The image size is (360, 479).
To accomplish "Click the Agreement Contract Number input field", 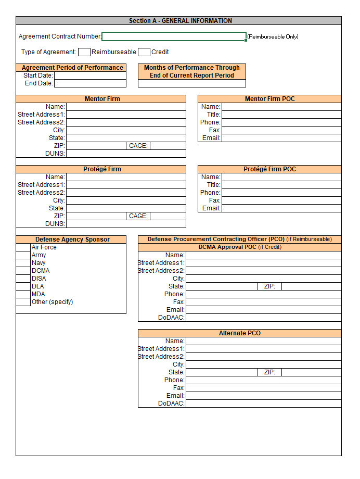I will pyautogui.click(x=174, y=36).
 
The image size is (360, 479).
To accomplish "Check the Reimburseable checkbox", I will pyautogui.click(x=84, y=52).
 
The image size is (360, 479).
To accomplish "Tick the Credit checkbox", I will pyautogui.click(x=144, y=52).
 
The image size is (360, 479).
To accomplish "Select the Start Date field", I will pyautogui.click(x=90, y=75).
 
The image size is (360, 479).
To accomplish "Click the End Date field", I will pyautogui.click(x=90, y=83).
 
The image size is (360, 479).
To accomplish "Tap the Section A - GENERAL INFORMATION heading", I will pyautogui.click(x=180, y=21).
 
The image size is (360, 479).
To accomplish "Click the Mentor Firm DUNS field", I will pyautogui.click(x=126, y=154).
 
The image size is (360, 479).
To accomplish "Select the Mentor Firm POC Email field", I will pyautogui.click(x=281, y=138).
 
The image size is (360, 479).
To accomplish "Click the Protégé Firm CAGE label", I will pyautogui.click(x=138, y=216).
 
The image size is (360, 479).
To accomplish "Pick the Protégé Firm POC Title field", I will pyautogui.click(x=281, y=185).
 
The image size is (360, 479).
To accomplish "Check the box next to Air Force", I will pyautogui.click(x=23, y=247).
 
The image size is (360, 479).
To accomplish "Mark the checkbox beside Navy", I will pyautogui.click(x=23, y=263).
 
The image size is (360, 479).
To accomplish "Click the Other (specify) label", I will pyautogui.click(x=52, y=302).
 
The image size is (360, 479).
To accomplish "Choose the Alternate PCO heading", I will pyautogui.click(x=239, y=333).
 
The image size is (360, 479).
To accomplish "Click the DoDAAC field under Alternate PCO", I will pyautogui.click(x=263, y=404).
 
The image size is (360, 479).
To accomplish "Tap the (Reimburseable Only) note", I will pyautogui.click(x=273, y=37).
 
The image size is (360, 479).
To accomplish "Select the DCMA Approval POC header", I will pyautogui.click(x=239, y=247).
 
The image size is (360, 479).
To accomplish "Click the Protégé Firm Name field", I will pyautogui.click(x=126, y=177).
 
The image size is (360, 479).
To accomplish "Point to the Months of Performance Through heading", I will pyautogui.click(x=191, y=68).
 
